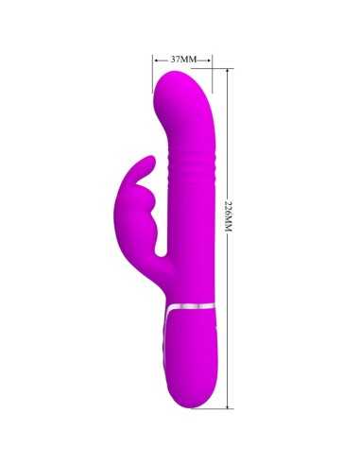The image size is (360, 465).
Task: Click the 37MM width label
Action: pyautogui.click(x=182, y=59)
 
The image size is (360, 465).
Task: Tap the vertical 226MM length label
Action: pyautogui.click(x=228, y=218)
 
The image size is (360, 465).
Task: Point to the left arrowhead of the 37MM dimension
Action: pyautogui.click(x=155, y=59)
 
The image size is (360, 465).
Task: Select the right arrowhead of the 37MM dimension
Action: pyautogui.click(x=210, y=59)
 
